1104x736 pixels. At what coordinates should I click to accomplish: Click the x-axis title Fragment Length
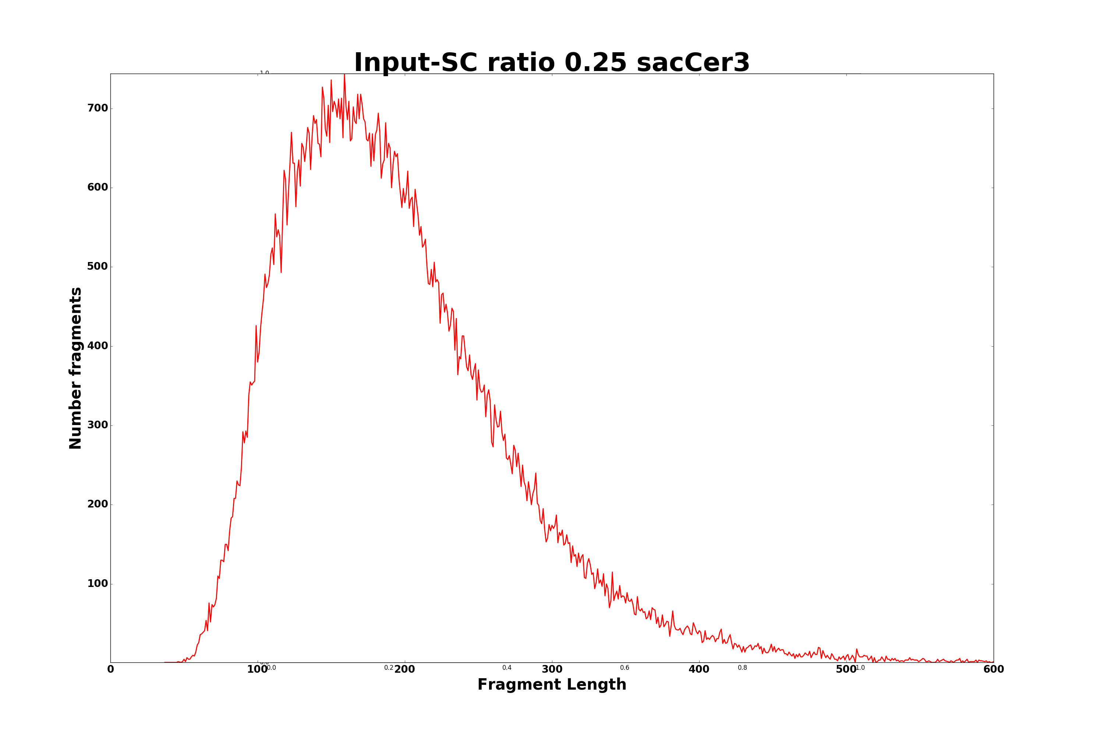[552, 685]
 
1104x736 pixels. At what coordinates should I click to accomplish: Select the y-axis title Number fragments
[75, 368]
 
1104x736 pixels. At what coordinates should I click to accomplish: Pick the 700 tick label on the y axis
[98, 109]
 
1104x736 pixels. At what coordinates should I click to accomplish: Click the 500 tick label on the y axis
[98, 266]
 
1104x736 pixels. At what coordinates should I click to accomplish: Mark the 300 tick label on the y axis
[98, 425]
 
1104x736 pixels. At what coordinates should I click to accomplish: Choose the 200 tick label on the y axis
[98, 505]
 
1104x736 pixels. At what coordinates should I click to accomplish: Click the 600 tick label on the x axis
[993, 669]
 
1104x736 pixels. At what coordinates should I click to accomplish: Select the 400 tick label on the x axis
[699, 669]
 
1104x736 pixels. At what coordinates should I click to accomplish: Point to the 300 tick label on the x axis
[552, 669]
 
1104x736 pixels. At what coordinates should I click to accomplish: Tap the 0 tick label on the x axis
[111, 669]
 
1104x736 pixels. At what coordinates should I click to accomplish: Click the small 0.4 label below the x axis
[507, 668]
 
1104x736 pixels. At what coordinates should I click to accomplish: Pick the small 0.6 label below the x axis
[625, 668]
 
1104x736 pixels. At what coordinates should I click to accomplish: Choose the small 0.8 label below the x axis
[743, 668]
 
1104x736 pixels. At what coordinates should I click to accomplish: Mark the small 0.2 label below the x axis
[389, 668]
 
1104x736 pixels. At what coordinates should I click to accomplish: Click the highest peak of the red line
[344, 75]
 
